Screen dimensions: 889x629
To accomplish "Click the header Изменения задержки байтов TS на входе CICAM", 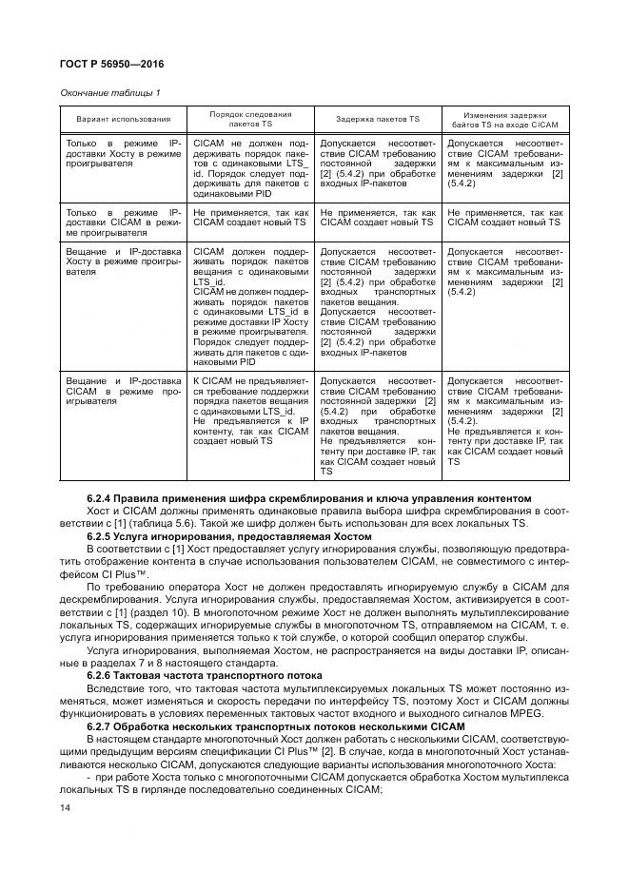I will (503, 119).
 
